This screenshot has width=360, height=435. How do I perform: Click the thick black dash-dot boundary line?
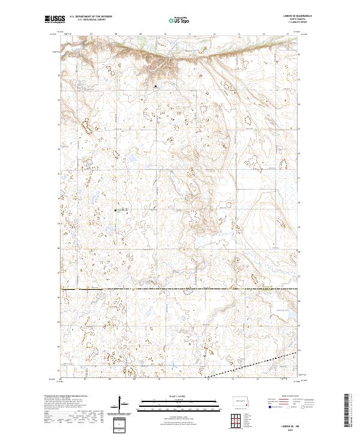click(180, 290)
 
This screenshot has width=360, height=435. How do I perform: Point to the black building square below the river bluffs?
click(155, 86)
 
